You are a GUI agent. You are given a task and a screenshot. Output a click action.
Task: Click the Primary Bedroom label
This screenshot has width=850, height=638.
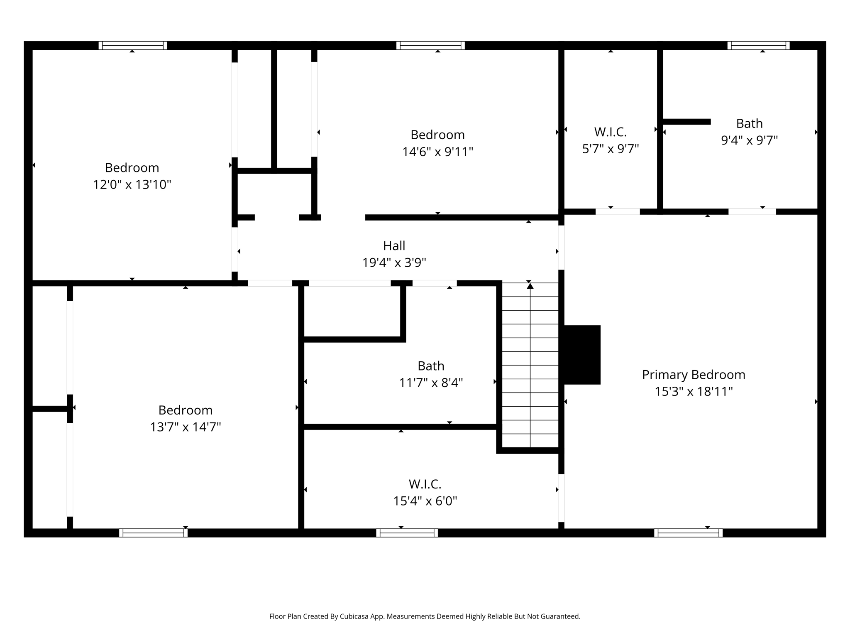tap(693, 375)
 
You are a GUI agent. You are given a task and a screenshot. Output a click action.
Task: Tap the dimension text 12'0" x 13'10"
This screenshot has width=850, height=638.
tap(132, 184)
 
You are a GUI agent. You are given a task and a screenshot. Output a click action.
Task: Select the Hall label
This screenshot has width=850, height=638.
tap(394, 246)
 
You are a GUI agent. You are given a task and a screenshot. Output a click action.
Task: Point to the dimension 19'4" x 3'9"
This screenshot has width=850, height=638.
tap(394, 263)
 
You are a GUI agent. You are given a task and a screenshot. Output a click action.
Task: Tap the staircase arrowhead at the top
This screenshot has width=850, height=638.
tap(530, 286)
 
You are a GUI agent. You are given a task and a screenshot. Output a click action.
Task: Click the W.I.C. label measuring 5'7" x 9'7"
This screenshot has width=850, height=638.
tap(610, 132)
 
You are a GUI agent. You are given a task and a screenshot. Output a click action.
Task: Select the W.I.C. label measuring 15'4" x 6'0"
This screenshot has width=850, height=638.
tap(425, 484)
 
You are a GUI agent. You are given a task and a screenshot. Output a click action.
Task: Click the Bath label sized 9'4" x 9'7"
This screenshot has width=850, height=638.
tap(749, 124)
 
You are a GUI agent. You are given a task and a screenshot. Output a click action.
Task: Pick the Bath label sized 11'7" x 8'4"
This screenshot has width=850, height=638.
tap(431, 366)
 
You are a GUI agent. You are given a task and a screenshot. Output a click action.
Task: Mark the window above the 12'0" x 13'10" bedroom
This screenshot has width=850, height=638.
tap(132, 45)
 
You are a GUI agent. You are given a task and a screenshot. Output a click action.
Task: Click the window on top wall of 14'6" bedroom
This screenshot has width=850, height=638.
tap(430, 45)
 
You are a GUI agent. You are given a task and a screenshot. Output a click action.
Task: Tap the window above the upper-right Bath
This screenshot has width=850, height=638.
tap(758, 45)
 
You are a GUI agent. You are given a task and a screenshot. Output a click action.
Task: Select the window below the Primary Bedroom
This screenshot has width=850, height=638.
tap(688, 533)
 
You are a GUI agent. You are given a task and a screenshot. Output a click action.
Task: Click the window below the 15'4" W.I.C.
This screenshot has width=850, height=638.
tap(407, 533)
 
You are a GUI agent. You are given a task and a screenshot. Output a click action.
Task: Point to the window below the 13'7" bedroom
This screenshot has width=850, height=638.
tap(153, 533)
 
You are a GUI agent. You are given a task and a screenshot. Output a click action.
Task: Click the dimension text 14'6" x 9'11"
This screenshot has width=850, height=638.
tap(437, 152)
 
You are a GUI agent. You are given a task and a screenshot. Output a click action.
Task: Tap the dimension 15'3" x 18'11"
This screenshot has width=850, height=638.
tap(693, 392)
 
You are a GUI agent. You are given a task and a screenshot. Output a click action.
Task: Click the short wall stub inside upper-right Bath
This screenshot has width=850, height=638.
tap(686, 122)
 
